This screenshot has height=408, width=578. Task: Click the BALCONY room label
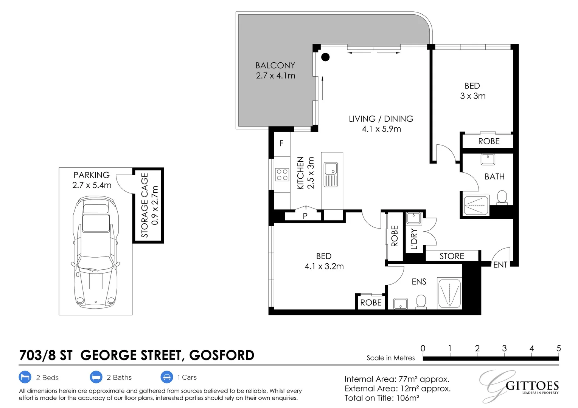(275, 66)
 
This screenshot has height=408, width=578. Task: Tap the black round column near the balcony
(325, 57)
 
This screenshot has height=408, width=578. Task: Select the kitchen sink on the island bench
(331, 174)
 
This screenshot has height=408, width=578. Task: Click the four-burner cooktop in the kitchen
(282, 175)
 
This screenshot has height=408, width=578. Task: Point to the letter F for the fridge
(281, 143)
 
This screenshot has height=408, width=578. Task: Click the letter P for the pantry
(305, 216)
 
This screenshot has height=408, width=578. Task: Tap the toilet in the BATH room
(502, 197)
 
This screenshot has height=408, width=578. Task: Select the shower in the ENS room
(449, 294)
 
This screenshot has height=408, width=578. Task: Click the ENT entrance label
(500, 265)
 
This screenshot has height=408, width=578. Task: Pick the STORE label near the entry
(452, 256)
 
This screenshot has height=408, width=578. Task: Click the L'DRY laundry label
(414, 239)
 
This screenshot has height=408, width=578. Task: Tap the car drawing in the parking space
(95, 251)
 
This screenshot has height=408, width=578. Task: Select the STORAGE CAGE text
(144, 205)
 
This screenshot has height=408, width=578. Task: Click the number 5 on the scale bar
(558, 348)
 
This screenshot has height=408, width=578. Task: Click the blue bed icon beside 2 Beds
(25, 377)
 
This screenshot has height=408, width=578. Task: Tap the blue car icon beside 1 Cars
(167, 377)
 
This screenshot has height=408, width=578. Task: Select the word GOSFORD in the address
(222, 355)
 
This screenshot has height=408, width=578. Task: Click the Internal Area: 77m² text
(397, 379)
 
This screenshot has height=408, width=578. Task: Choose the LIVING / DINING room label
(381, 119)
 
